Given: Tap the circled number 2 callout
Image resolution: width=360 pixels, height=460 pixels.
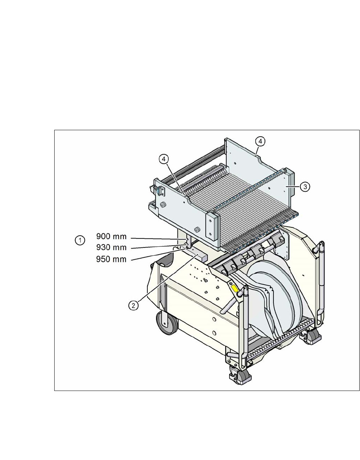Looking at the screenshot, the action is tap(133, 305).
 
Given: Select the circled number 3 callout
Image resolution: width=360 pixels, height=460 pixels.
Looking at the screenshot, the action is tap(304, 187).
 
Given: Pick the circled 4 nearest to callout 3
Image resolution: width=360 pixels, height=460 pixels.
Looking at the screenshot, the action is tap(260, 141).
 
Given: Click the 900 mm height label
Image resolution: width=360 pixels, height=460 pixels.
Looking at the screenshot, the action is tap(111, 237).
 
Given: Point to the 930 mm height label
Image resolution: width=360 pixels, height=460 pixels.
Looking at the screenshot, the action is tap(111, 248).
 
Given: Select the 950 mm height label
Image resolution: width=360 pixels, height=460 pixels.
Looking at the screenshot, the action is tap(111, 259).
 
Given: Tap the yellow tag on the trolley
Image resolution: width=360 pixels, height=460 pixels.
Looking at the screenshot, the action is tap(235, 288).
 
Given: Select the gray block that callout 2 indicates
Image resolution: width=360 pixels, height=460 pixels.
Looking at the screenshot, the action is tap(199, 256).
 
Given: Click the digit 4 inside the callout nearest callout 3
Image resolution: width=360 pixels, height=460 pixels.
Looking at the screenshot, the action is tap(260, 141).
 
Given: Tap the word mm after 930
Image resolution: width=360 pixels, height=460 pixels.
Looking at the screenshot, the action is tap(119, 248).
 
